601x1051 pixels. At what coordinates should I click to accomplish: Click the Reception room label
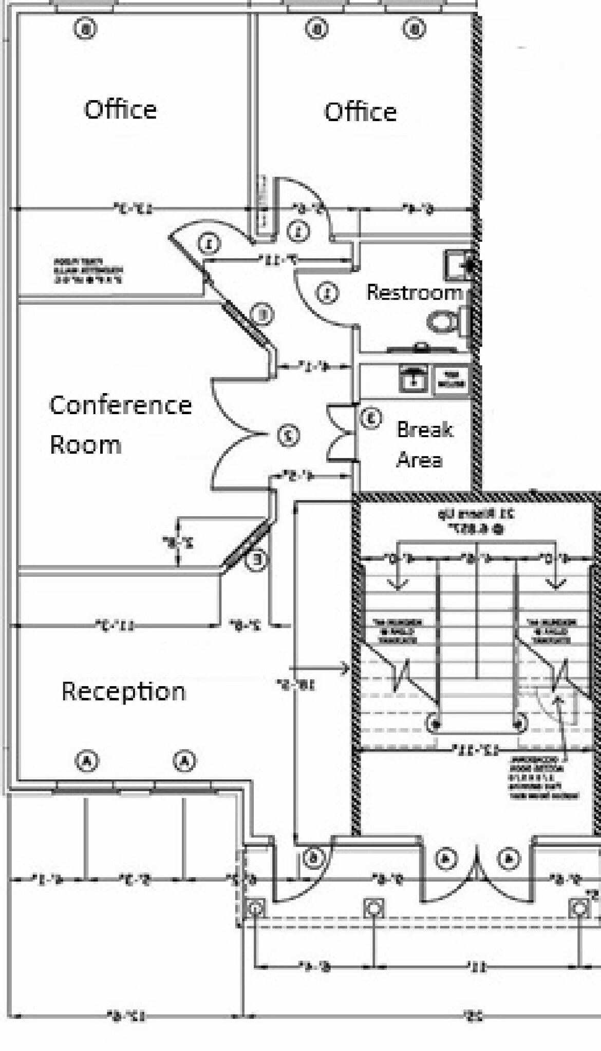(x=123, y=691)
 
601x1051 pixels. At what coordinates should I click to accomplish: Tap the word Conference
(x=121, y=405)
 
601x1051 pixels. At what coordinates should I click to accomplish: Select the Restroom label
(x=414, y=293)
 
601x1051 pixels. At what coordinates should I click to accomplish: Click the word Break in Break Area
(x=425, y=429)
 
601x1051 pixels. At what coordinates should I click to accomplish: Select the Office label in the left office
(x=120, y=109)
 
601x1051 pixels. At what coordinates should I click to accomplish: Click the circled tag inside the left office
(x=85, y=28)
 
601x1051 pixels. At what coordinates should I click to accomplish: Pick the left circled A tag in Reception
(x=87, y=761)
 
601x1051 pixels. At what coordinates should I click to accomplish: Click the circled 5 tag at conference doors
(x=289, y=435)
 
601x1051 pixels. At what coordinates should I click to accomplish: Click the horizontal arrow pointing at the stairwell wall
(x=320, y=668)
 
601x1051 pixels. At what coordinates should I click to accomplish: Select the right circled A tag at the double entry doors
(x=509, y=858)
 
